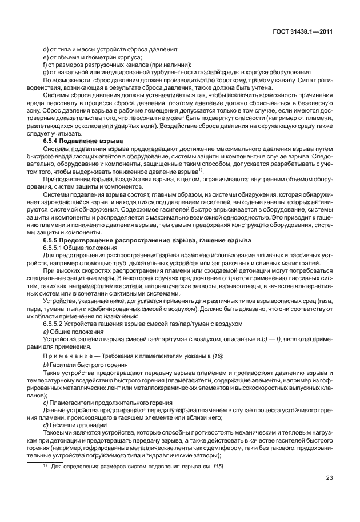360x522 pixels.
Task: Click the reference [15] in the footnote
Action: point(201,467)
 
